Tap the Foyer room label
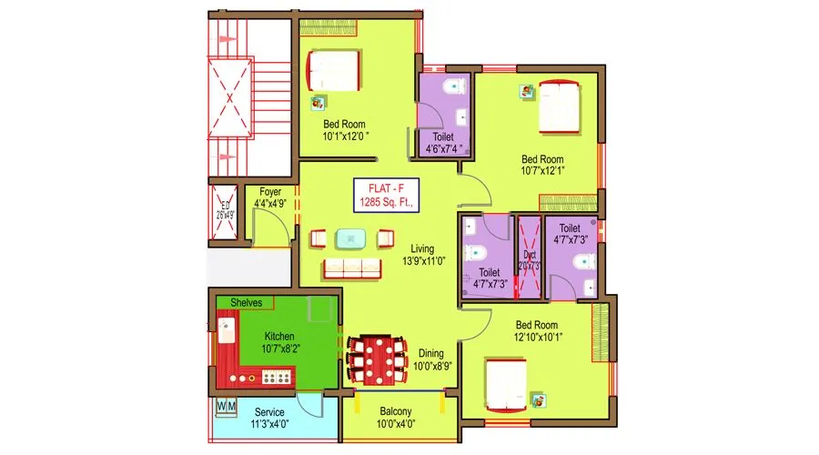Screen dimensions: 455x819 point(269,197)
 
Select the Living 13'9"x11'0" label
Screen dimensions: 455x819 point(421,255)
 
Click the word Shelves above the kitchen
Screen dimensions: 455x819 point(246,301)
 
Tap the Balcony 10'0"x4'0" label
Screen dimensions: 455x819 point(396,418)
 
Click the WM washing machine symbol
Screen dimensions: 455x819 point(226,405)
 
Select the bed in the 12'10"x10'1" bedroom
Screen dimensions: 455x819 point(505,384)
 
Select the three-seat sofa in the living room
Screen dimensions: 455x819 point(351,268)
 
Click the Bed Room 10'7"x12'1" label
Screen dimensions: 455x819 point(543,164)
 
